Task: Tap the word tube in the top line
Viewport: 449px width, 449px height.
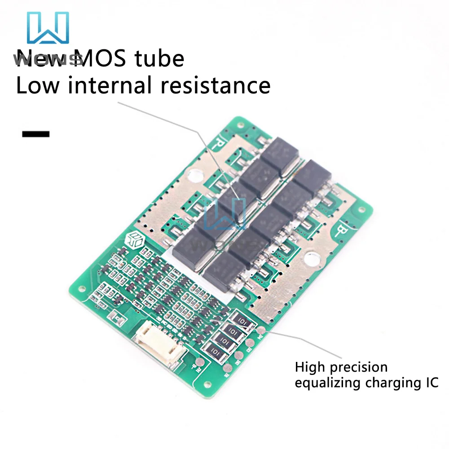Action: coord(163,59)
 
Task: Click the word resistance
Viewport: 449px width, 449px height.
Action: coord(216,85)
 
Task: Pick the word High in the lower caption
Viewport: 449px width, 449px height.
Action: coord(310,367)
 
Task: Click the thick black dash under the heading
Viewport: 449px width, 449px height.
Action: coord(35,134)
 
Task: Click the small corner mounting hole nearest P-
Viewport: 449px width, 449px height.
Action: coord(238,122)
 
